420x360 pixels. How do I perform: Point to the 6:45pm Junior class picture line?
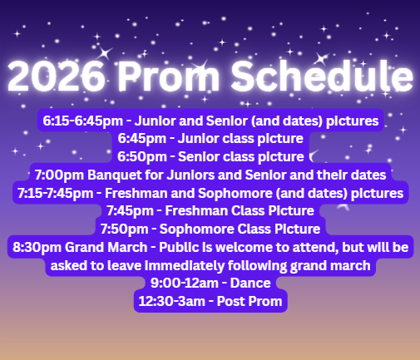210,139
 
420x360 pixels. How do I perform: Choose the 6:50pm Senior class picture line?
210,156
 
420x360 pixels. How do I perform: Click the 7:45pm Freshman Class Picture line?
210,210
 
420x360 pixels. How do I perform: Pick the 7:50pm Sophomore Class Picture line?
210,229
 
